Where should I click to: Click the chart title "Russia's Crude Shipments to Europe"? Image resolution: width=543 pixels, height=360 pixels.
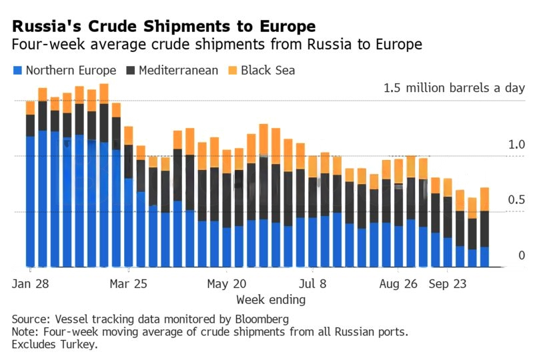click(163, 27)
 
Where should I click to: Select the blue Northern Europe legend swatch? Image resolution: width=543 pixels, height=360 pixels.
click(17, 70)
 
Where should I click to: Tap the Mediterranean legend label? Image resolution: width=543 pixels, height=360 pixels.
click(178, 70)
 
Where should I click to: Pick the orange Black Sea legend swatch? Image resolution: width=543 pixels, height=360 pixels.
click(231, 70)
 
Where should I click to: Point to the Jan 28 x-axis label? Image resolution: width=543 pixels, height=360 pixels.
click(29, 284)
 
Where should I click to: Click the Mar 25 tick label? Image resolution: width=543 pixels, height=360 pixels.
click(128, 284)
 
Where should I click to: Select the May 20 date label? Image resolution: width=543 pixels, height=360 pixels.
click(226, 284)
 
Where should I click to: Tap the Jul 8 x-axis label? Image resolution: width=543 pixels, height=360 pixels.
click(312, 284)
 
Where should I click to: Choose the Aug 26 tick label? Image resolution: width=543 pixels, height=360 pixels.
click(398, 284)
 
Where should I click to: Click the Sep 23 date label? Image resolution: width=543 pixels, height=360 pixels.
click(448, 284)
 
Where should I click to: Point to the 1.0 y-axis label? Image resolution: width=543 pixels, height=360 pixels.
click(518, 145)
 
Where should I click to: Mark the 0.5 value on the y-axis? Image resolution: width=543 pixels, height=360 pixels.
click(518, 200)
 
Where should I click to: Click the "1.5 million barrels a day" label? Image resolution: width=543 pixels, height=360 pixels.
click(454, 87)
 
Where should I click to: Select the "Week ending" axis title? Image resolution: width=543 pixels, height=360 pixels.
click(271, 299)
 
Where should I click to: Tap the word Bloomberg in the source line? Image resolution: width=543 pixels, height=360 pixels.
click(263, 318)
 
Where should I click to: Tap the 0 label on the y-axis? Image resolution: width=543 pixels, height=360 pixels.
click(522, 255)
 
